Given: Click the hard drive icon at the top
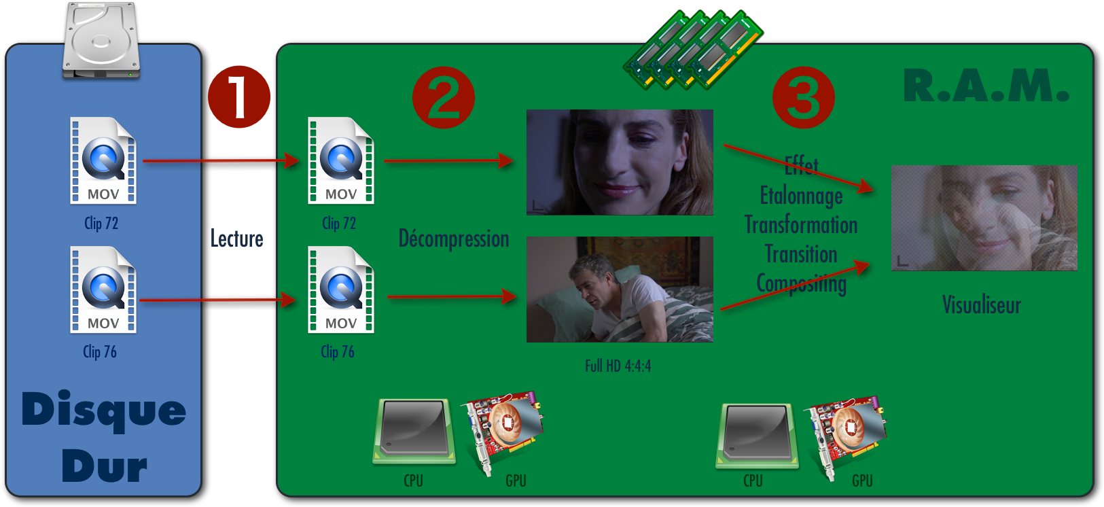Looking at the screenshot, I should [101, 41].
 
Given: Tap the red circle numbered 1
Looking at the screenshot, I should [238, 97].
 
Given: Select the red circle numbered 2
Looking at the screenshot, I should [443, 97].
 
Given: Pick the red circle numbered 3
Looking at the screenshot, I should [803, 97].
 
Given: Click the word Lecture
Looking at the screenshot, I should [236, 239].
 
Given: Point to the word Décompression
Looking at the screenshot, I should [453, 239].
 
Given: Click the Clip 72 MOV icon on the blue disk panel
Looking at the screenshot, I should [103, 161].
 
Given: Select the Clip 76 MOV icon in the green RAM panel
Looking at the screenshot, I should [340, 290].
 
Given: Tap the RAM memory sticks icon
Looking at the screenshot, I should [693, 49].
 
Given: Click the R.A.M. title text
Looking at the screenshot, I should [985, 86].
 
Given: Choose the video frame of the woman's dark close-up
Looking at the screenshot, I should [620, 162].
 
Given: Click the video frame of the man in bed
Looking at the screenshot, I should [620, 289].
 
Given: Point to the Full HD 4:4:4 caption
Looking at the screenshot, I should [618, 366].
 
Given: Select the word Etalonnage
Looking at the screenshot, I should [801, 196].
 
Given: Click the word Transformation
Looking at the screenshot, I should [801, 225].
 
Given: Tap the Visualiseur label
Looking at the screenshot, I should [981, 305].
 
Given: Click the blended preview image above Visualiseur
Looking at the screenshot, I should [984, 218].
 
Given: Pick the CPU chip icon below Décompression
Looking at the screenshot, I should [414, 432].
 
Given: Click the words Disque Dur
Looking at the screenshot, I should [103, 437].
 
